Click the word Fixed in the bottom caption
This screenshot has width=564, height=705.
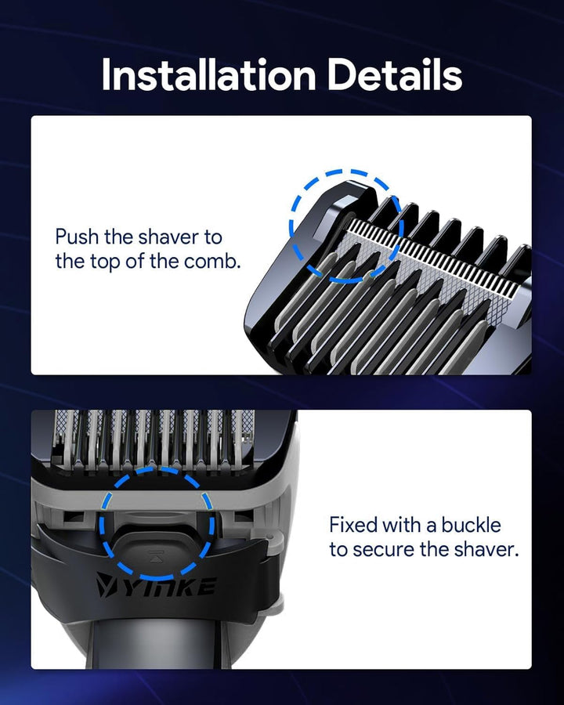click(354, 524)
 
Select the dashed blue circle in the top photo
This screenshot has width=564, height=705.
click(346, 225)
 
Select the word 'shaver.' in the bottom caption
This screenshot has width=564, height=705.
click(490, 549)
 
